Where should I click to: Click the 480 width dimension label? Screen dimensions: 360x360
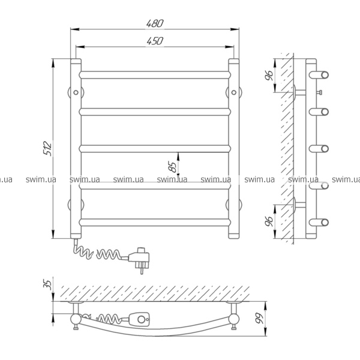click(155, 23)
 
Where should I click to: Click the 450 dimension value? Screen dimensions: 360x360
click(155, 41)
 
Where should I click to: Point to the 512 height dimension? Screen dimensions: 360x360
click(48, 149)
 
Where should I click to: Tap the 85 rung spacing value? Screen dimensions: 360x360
click(173, 167)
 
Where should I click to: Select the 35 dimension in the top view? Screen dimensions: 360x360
click(47, 283)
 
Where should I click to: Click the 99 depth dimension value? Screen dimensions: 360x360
click(260, 319)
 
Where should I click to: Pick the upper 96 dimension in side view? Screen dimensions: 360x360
click(269, 75)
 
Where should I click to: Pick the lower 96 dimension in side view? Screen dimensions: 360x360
click(269, 221)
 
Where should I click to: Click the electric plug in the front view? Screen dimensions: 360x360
click(139, 259)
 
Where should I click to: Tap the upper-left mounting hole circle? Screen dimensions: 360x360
click(76, 92)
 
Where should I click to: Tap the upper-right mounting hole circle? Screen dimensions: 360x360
click(234, 92)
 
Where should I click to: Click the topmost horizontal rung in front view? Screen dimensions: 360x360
click(155, 75)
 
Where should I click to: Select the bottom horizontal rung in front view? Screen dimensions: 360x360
click(155, 222)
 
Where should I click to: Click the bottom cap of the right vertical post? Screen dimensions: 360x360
click(234, 236)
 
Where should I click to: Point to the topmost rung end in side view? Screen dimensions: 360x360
click(325, 75)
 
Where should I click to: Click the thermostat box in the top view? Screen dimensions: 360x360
click(139, 319)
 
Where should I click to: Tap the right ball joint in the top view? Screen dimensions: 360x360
click(234, 319)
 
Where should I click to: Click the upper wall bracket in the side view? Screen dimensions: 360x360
click(299, 92)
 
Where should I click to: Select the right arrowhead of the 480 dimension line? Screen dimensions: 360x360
click(235, 29)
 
